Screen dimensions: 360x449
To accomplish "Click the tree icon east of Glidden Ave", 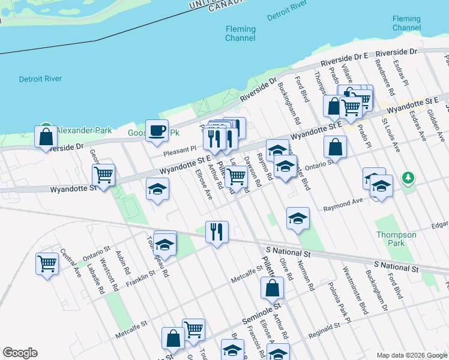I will pos(408,178).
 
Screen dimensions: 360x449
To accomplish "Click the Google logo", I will pos(20,353).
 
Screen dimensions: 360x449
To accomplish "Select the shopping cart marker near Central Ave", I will pos(47,263).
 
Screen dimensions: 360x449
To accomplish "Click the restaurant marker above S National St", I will pos(217,231).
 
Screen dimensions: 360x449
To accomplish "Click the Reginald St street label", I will pos(325,330).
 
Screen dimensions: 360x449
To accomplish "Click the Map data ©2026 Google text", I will pos(411,355).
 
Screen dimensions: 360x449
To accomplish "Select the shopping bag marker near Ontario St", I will pos(335,146).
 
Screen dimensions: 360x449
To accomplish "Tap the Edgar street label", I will pos(439,224).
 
